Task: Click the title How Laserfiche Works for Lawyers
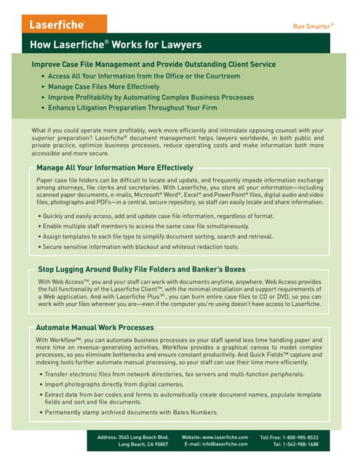coord(116,45)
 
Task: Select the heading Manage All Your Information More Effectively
coord(114,168)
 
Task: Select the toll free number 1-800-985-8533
coord(299,437)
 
